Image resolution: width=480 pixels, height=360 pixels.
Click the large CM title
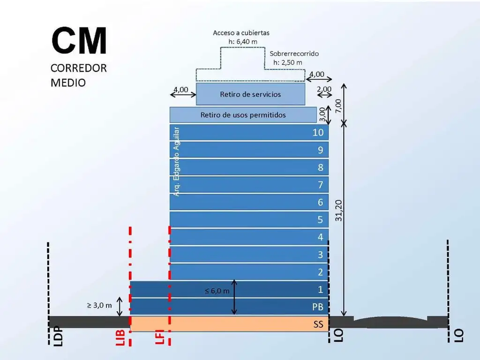[x=79, y=40]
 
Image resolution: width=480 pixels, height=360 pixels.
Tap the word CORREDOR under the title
[x=79, y=68]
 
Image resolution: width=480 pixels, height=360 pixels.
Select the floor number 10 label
[x=318, y=132]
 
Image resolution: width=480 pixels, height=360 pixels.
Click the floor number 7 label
[x=320, y=185]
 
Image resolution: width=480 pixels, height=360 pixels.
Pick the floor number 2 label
[x=320, y=272]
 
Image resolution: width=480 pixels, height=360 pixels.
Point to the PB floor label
[x=318, y=307]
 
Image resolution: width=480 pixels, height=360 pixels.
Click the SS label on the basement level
[x=318, y=324]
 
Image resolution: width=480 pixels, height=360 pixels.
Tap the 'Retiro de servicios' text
[x=250, y=94]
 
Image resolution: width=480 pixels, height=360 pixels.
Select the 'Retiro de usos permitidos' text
[x=243, y=115]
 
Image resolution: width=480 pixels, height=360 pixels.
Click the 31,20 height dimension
[x=338, y=210]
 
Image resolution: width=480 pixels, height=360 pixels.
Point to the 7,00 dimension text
[x=338, y=106]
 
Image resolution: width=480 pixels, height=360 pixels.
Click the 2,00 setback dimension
[x=324, y=89]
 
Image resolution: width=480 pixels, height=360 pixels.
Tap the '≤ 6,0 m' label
[x=217, y=291]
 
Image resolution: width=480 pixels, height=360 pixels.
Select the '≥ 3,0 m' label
[x=99, y=305]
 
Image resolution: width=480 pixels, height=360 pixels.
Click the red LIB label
[x=120, y=337]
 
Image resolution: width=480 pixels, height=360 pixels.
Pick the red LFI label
[x=160, y=337]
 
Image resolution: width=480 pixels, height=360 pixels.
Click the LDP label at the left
[x=58, y=337]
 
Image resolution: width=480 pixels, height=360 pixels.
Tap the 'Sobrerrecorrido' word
[x=294, y=53]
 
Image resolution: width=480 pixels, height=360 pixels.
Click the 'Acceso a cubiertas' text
[x=241, y=33]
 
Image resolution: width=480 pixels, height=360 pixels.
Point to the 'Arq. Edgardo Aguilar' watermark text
[x=176, y=161]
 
